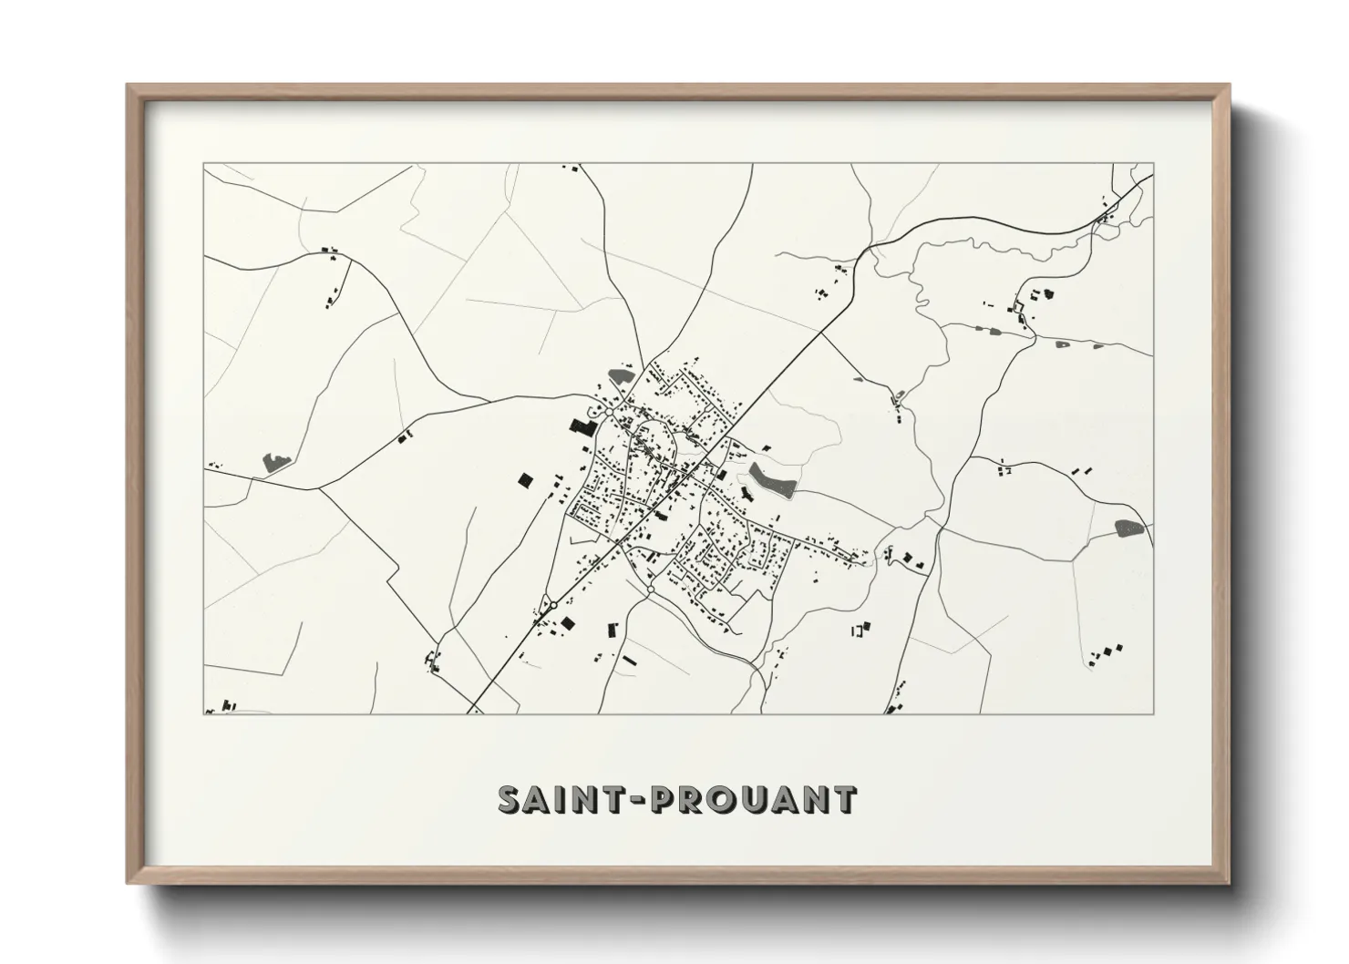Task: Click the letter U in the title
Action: (x=753, y=799)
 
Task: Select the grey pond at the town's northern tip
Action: (x=622, y=374)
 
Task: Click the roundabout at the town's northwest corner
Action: (x=607, y=413)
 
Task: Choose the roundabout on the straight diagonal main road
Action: (x=553, y=604)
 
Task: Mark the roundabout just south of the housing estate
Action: (x=650, y=590)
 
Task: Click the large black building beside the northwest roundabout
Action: (x=581, y=426)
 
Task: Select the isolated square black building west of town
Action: (x=524, y=479)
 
